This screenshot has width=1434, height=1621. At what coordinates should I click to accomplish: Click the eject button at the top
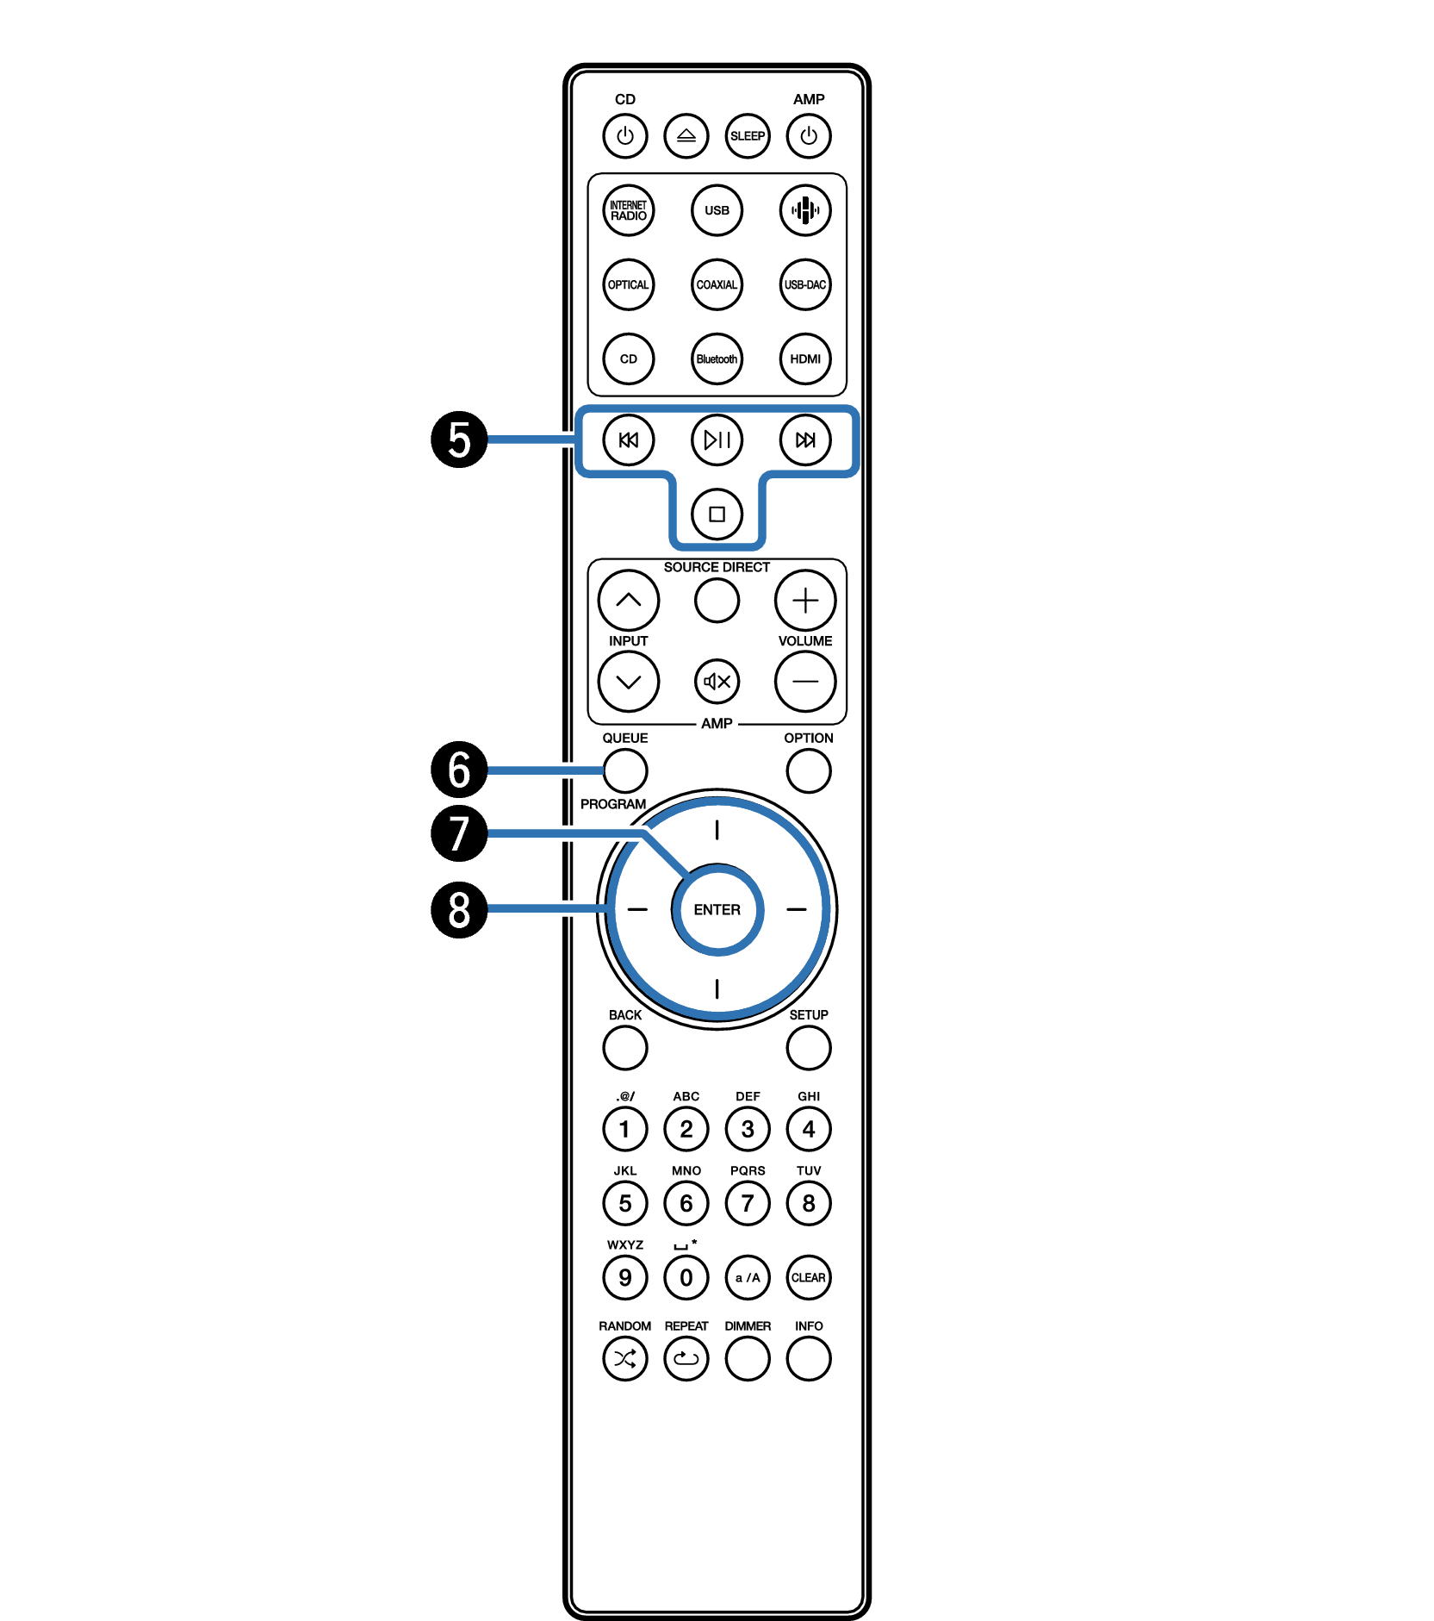click(686, 136)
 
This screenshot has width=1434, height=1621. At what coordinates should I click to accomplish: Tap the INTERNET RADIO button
click(629, 210)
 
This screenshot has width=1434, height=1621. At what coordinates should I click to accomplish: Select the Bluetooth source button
click(717, 358)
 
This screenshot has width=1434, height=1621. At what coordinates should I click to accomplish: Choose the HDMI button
click(805, 358)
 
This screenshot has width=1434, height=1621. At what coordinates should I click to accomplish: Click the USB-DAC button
click(805, 284)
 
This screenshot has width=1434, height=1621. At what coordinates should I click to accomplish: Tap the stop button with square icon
click(717, 514)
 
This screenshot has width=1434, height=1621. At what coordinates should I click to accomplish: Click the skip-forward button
click(805, 440)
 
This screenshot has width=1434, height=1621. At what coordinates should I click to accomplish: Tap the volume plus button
click(805, 600)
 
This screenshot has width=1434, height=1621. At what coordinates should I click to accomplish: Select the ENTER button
click(717, 909)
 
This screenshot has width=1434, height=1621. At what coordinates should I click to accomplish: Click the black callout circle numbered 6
click(459, 770)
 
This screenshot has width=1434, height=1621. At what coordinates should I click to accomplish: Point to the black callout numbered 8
click(459, 909)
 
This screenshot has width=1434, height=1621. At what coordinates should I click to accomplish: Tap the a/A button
click(748, 1277)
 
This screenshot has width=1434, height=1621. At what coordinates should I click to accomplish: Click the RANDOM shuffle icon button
click(625, 1359)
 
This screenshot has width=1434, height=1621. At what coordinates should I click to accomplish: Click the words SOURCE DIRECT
click(717, 567)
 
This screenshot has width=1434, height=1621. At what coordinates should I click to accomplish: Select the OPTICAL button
click(629, 284)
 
